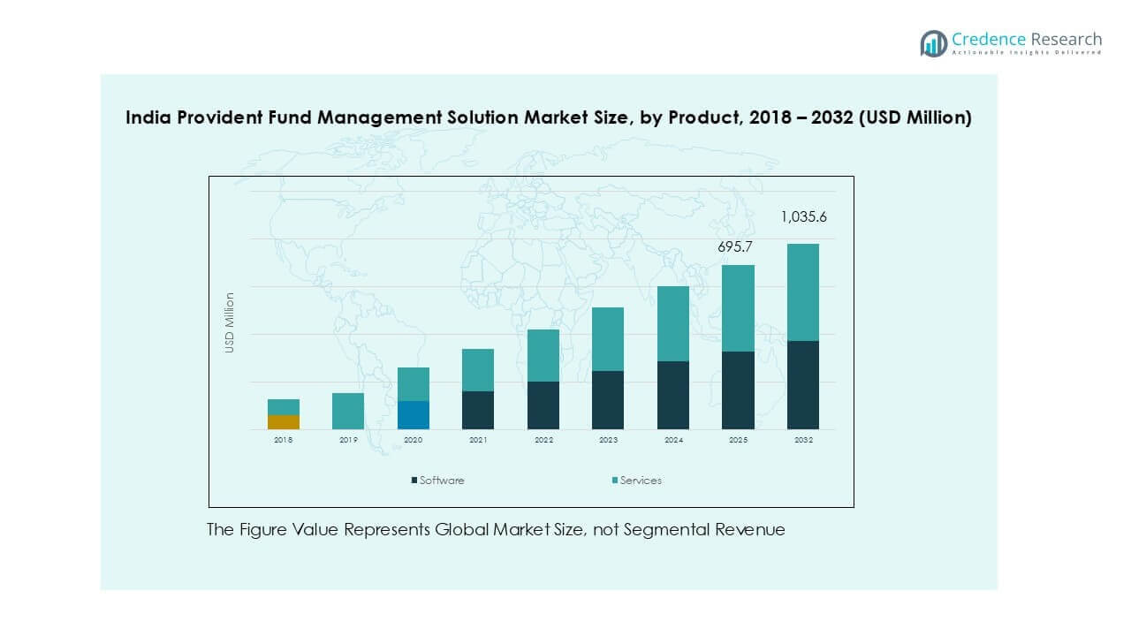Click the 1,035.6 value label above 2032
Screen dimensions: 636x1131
[x=802, y=216]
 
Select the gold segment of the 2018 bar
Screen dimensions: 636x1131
[x=284, y=422]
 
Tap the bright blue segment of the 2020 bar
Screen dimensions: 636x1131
[x=414, y=415]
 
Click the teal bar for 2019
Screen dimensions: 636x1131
[x=348, y=411]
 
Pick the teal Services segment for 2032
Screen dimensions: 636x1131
[x=802, y=292]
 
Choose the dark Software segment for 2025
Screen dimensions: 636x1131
[x=738, y=390]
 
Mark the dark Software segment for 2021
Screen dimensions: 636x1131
[x=478, y=410]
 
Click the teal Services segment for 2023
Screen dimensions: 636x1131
[x=608, y=339]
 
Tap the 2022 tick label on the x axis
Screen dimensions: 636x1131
[x=543, y=440]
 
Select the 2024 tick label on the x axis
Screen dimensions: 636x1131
[x=672, y=440]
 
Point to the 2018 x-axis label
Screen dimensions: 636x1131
[x=284, y=440]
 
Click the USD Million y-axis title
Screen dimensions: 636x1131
[x=230, y=322]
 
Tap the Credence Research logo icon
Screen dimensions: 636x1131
[x=933, y=43]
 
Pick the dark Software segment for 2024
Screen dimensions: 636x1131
[x=672, y=395]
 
